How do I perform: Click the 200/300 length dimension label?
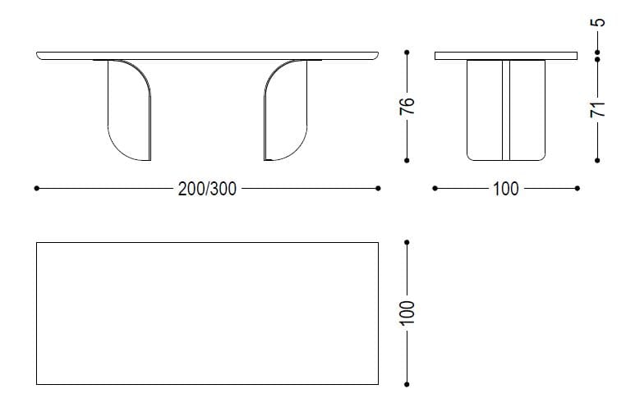[207, 189]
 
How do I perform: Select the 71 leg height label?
[599, 108]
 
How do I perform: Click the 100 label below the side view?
[505, 189]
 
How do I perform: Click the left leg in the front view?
[130, 111]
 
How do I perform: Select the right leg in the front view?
[286, 111]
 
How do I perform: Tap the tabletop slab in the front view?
[207, 55]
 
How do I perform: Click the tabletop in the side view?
[505, 56]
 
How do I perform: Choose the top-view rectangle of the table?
[207, 314]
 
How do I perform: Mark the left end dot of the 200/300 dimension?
[37, 189]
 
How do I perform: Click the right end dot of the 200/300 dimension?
[378, 189]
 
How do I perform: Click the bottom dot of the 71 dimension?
[598, 160]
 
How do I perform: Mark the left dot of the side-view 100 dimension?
[435, 189]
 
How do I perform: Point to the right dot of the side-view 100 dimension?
[578, 189]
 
